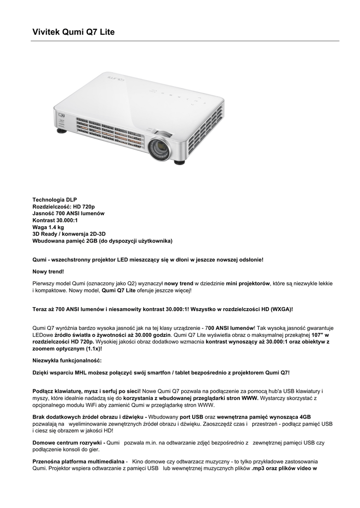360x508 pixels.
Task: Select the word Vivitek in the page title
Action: [46, 32]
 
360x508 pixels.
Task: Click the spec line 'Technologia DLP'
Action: [55, 199]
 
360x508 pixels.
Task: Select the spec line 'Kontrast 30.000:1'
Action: [55, 220]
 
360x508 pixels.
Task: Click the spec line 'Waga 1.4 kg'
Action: [48, 227]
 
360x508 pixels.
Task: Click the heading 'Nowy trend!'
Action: [48, 271]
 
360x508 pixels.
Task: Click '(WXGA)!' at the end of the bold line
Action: [282, 309]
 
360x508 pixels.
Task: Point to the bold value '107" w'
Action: [320, 335]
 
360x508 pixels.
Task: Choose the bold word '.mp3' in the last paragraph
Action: [259, 468]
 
